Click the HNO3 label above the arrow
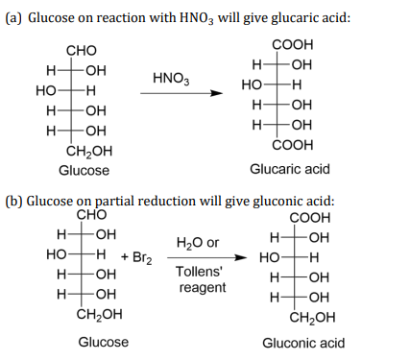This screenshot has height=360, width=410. [171, 79]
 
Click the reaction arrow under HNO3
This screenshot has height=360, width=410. [181, 93]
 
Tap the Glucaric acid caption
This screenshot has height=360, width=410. [290, 169]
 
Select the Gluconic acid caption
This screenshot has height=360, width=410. [303, 343]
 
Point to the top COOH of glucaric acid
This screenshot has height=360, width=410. [293, 45]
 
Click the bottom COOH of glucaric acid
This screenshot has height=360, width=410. [293, 145]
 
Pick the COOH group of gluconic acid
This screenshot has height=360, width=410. [310, 218]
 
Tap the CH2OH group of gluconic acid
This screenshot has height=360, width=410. [312, 318]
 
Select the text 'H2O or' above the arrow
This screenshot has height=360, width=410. [198, 243]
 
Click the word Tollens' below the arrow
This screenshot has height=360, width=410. [199, 272]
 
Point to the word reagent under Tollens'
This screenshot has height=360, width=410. [203, 287]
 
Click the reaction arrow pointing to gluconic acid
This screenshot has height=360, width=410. [207, 257]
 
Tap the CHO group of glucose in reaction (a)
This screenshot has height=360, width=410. [82, 51]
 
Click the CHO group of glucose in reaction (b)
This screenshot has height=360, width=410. [91, 215]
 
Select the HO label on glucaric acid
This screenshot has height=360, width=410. [252, 85]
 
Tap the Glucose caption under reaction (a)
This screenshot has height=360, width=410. [84, 170]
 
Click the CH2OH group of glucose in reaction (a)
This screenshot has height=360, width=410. [89, 152]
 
